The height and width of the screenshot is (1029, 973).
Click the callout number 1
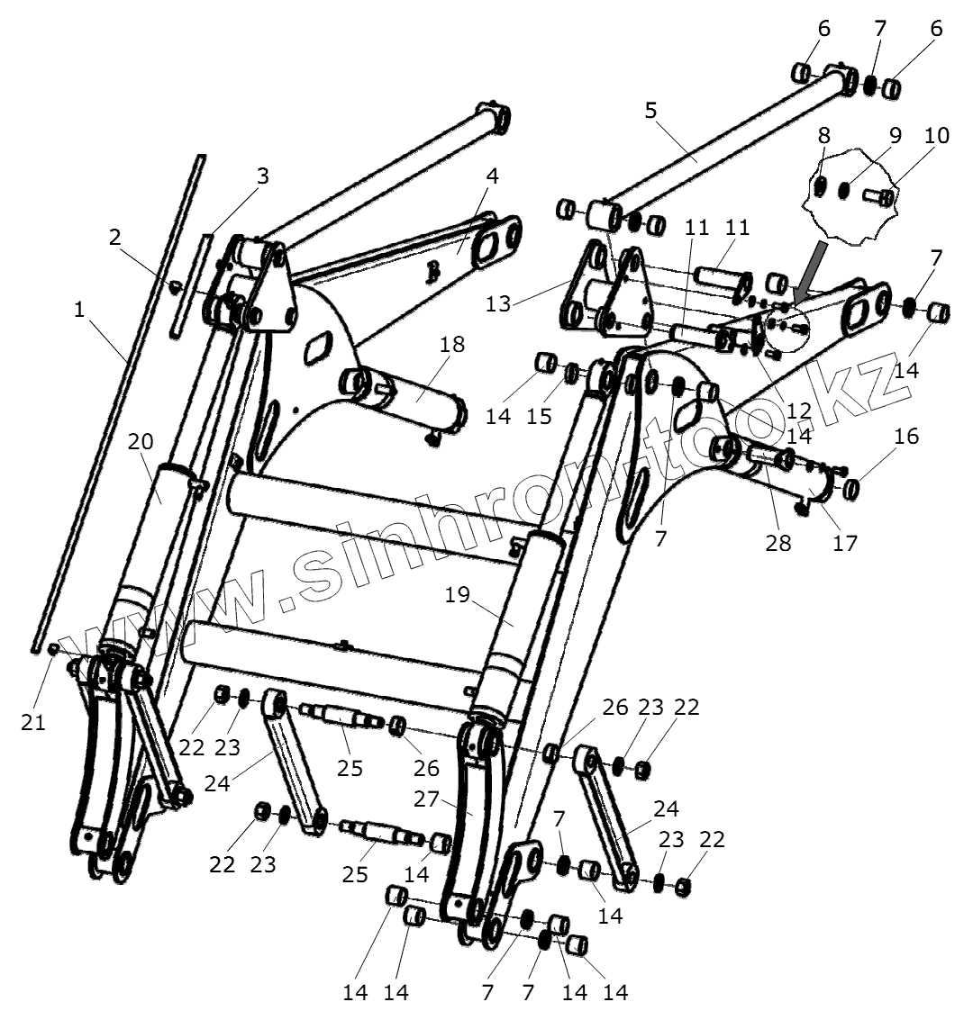[x=79, y=310]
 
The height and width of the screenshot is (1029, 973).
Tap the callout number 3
[x=262, y=176]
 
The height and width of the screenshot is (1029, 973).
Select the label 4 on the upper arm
[x=491, y=176]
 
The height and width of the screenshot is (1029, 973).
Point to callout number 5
[x=650, y=111]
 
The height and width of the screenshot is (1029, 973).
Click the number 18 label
[x=452, y=344]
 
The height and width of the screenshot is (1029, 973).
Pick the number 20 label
[x=141, y=442]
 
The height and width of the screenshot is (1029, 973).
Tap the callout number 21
[x=33, y=722]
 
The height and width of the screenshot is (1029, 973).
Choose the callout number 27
[x=425, y=799]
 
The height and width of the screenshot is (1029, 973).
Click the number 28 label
[x=778, y=543]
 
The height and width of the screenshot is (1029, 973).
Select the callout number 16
[x=906, y=437]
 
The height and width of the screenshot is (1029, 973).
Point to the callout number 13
[x=497, y=303]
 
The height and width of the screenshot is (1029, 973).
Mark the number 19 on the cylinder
[x=458, y=595]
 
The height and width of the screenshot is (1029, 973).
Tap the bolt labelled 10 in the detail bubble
[x=880, y=195]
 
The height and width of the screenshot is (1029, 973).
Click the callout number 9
[x=895, y=136]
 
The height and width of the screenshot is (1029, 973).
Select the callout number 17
[x=845, y=543]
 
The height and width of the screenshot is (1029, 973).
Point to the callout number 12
[x=798, y=411]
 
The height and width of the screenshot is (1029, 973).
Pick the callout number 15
[x=539, y=416]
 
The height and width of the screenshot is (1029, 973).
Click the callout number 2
[x=114, y=238]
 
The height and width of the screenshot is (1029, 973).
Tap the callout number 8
[x=823, y=136]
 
